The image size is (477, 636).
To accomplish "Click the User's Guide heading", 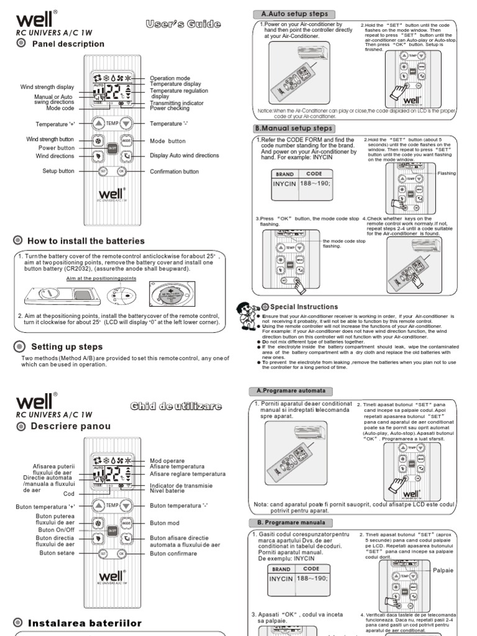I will pos(183,24).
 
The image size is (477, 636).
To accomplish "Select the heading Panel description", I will pos(68,44).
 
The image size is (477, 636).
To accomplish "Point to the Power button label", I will pos(56,148).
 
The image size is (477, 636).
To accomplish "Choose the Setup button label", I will pos(58,171).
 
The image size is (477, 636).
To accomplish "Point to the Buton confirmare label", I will pos(174,553).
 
